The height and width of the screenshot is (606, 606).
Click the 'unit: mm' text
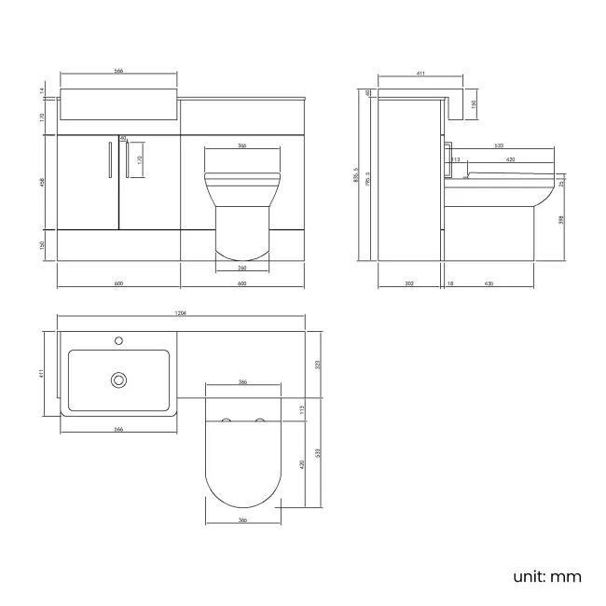[547, 575]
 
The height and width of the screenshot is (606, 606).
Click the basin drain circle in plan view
[118, 379]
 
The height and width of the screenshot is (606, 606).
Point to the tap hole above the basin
[118, 341]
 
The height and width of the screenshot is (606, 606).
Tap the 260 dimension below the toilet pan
[241, 267]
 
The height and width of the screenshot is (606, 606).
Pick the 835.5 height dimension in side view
[358, 175]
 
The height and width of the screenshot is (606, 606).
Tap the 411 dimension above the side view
[420, 73]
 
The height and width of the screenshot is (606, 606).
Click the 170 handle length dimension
[140, 159]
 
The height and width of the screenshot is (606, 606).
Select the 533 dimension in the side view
[499, 145]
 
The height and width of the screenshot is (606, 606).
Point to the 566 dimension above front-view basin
[118, 71]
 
